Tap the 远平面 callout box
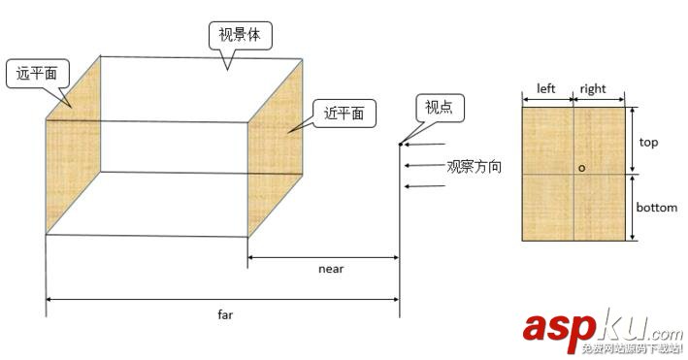37,74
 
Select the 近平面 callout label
344,114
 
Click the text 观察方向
474,166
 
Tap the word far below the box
225,314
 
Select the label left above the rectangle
546,89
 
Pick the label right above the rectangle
593,89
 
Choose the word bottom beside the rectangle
656,208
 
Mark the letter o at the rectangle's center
581,168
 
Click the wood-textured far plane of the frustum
73,146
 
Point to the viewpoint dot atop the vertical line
400,146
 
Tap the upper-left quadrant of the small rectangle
548,139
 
